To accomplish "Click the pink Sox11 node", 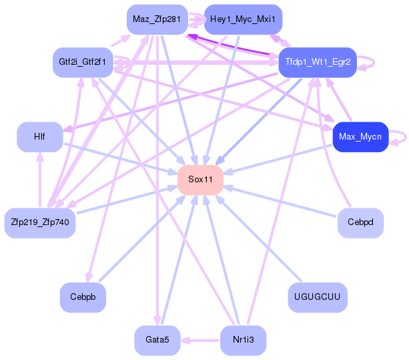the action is tap(200, 180).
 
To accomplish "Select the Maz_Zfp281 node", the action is tap(157, 19).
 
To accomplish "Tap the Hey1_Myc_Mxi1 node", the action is tap(243, 19).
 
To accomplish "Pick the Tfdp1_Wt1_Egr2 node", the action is tap(318, 62).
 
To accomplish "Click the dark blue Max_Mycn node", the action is tap(361, 137).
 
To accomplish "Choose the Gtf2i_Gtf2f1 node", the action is tap(83, 62).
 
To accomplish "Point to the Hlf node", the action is tap(40, 137).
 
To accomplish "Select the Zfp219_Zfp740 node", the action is tap(40, 223).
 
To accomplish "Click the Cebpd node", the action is tap(361, 223).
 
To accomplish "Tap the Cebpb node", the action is tap(83, 297).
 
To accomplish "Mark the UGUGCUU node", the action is tap(318, 297).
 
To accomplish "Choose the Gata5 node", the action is tap(157, 341).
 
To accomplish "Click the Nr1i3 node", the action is tap(243, 341).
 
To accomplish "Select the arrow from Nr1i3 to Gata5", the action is tap(200, 341).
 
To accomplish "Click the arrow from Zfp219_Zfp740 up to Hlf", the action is tap(40, 180).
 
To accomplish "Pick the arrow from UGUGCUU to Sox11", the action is tap(258, 238).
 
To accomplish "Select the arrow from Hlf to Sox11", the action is tap(121, 158).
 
